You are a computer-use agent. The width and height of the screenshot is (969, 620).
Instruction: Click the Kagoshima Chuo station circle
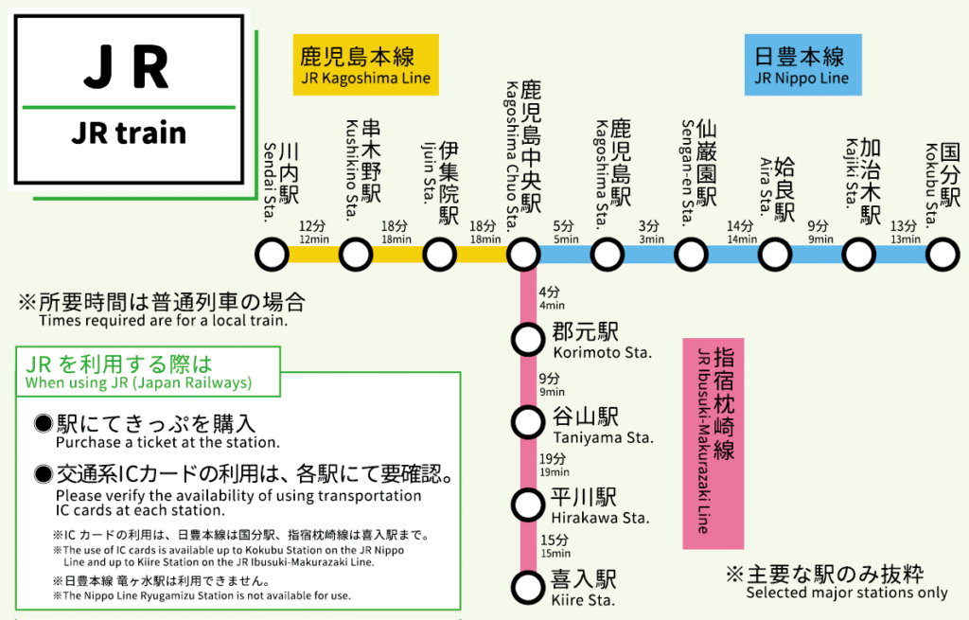pyautogui.click(x=523, y=255)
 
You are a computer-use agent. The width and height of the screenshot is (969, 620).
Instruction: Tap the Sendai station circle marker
pyautogui.click(x=273, y=255)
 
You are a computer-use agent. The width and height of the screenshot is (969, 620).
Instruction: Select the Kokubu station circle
pyautogui.click(x=943, y=255)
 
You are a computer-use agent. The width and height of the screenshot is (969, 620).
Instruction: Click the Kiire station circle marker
pyautogui.click(x=526, y=585)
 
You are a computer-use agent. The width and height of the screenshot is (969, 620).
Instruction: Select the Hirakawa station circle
pyautogui.click(x=526, y=503)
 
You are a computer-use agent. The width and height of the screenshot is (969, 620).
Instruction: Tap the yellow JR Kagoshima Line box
pyautogui.click(x=365, y=64)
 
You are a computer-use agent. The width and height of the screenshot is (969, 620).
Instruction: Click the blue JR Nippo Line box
pyautogui.click(x=802, y=64)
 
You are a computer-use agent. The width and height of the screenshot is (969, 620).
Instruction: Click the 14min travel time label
pyautogui.click(x=741, y=233)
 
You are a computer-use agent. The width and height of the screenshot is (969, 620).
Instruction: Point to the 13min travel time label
pyautogui.click(x=905, y=233)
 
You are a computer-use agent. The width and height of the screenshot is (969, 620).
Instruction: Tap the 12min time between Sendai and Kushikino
pyautogui.click(x=313, y=233)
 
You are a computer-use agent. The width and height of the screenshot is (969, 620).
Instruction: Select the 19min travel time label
pyautogui.click(x=554, y=465)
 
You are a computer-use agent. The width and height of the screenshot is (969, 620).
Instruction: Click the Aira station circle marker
pyautogui.click(x=775, y=255)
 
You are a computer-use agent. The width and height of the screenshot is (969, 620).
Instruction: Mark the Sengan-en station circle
pyautogui.click(x=691, y=255)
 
